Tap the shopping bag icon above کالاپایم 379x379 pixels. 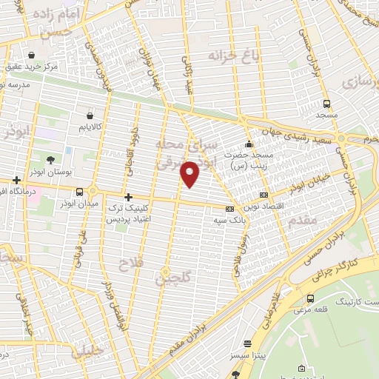[90, 115]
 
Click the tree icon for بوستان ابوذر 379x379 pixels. [50, 160]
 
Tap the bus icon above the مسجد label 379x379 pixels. [326, 104]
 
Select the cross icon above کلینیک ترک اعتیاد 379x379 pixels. [129, 197]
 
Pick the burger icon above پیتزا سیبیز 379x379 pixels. [249, 343]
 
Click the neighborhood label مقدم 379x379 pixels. [300, 220]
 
